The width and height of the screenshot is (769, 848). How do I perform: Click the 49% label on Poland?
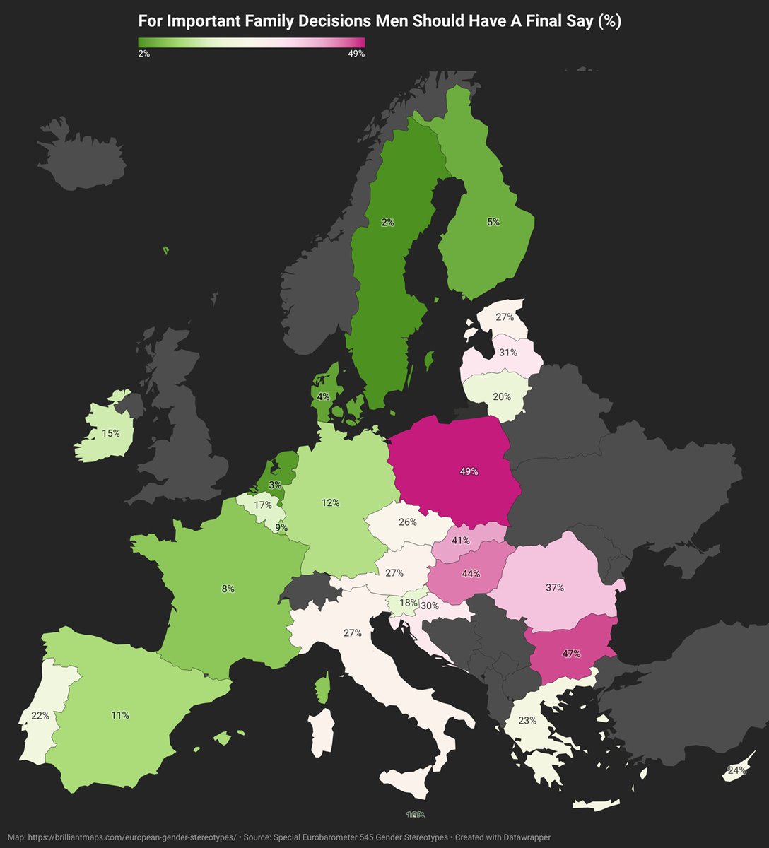pos(469,471)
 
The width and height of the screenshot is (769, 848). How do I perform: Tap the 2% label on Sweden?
pos(387,223)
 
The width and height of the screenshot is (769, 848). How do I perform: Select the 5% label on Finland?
pos(493,222)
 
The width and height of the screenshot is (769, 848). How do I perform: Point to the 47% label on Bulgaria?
pos(571,654)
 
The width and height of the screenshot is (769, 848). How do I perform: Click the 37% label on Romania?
pos(555,587)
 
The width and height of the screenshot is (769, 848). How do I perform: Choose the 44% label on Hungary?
pos(470,574)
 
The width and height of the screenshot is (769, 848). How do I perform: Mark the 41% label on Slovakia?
pos(461,541)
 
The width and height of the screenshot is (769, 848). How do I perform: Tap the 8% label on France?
pos(228,589)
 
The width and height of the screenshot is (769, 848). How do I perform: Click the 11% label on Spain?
pos(120,715)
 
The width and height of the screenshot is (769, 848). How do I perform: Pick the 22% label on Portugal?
pos(40,715)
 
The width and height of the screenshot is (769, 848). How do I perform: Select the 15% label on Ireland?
pos(111,433)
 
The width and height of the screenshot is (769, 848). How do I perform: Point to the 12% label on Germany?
pos(331,503)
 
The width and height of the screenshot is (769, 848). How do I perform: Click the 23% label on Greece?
pos(527,721)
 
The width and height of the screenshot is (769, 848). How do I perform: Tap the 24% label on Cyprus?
pos(736,770)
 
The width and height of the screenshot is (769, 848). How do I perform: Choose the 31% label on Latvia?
pos(507,352)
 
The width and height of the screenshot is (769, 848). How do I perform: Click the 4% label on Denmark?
pos(323,396)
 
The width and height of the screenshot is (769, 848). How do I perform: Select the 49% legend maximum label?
pos(356,54)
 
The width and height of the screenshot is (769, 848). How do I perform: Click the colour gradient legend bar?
pos(252,42)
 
